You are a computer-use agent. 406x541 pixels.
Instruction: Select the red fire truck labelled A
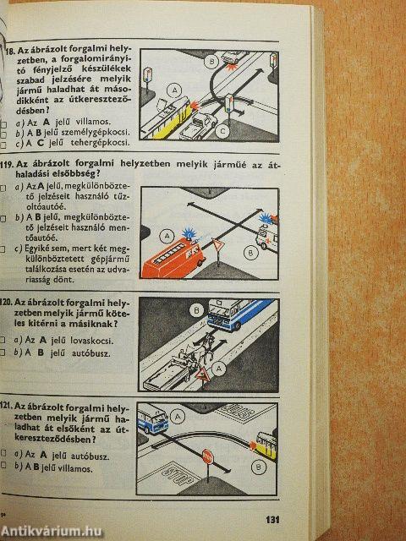click(x=172, y=256)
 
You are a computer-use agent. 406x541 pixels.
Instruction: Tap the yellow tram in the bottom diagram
click(x=266, y=443)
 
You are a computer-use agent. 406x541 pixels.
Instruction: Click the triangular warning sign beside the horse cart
click(x=204, y=380)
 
